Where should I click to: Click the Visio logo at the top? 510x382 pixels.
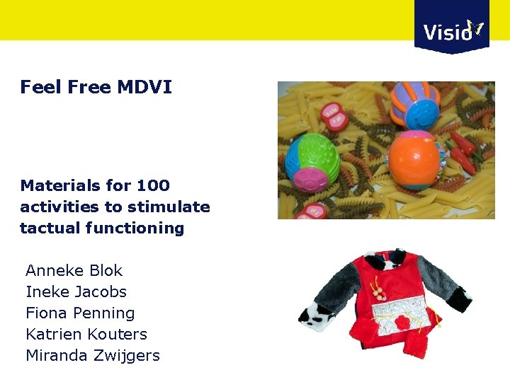(x=452, y=27)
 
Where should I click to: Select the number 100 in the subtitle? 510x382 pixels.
(x=153, y=185)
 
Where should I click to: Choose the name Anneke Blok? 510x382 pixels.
(x=74, y=270)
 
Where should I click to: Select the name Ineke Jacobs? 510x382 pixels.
(x=76, y=291)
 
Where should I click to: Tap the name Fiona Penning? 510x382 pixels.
(x=80, y=313)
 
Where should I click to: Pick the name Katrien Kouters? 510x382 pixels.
(x=86, y=334)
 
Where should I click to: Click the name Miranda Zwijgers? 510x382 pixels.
(x=93, y=355)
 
